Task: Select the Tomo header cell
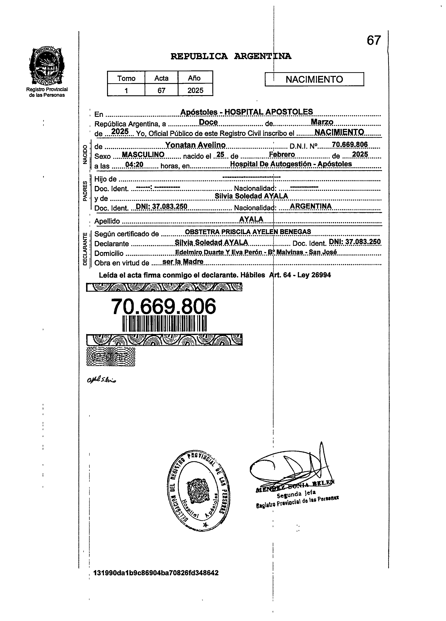coord(126,78)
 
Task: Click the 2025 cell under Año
coord(195,90)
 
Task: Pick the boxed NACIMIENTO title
coord(314,79)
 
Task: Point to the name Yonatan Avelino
coord(195,145)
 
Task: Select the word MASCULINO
coord(143,155)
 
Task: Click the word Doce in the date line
coord(208,122)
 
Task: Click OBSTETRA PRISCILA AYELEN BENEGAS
coord(248,232)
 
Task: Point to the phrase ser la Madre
coord(183,262)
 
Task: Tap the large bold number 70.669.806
coord(163,307)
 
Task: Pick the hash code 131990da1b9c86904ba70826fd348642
coord(156,573)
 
